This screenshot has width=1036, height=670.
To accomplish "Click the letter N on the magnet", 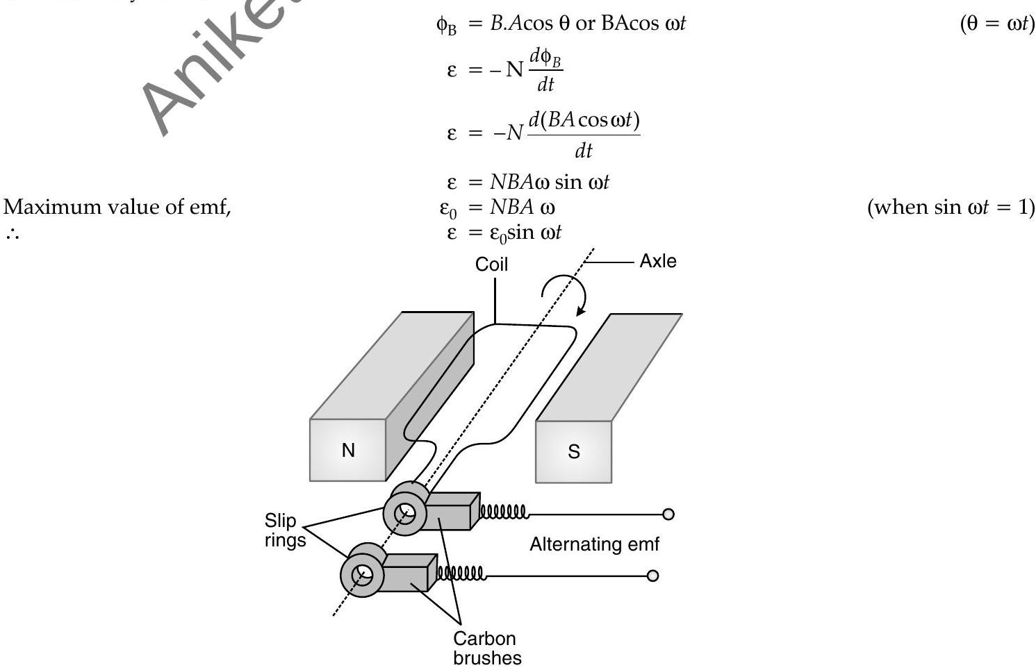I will point(348,451).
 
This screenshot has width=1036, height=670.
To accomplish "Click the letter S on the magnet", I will point(574,452).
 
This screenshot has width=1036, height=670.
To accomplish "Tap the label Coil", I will point(491,265).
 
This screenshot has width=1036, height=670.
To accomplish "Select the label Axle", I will point(658,261).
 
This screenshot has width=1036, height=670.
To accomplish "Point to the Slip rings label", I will point(285,530).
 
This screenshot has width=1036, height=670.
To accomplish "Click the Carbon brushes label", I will point(486,648).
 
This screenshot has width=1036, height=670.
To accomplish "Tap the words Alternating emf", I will point(594,544).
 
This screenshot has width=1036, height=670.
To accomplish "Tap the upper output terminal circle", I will point(668,514).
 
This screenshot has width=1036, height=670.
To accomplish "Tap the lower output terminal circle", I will point(652,576).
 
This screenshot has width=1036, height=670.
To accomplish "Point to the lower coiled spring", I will point(461,573).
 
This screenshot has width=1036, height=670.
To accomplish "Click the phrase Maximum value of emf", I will point(117,207).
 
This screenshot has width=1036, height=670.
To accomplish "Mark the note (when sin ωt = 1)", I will point(951,207).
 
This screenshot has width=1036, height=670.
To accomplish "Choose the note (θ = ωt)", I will point(997,24).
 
